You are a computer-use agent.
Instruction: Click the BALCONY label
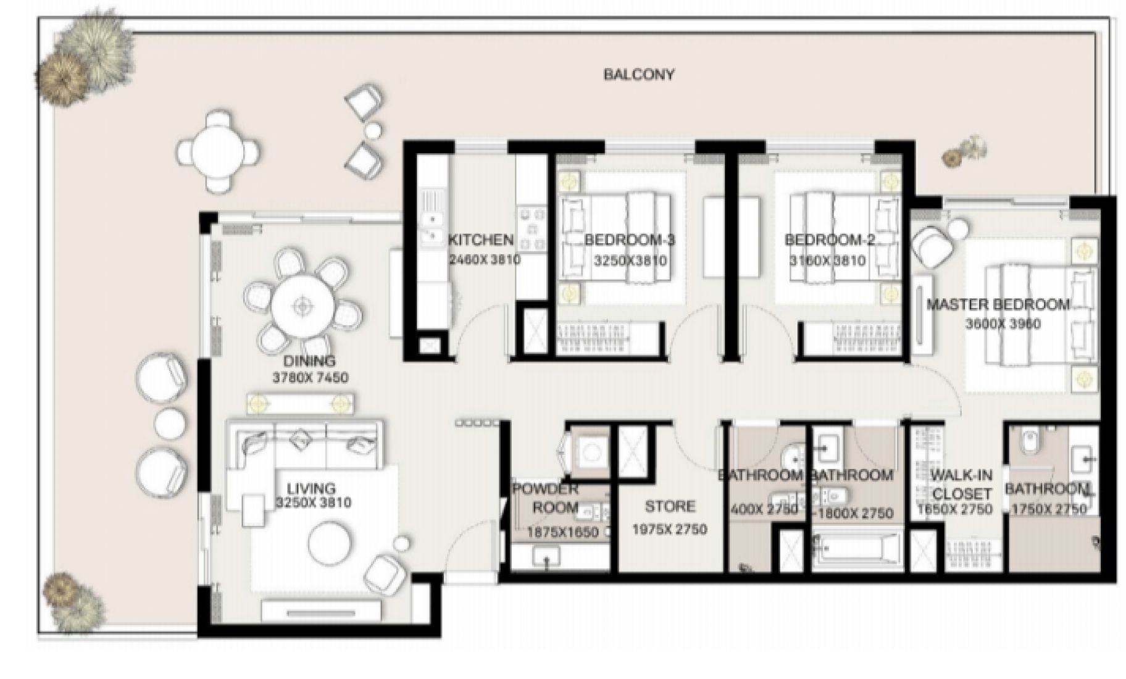pyautogui.click(x=638, y=75)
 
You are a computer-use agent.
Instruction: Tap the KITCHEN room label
pyautogui.click(x=480, y=240)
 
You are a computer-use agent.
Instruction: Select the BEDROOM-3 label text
pyautogui.click(x=629, y=240)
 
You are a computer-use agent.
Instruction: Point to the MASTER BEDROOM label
pyautogui.click(x=998, y=304)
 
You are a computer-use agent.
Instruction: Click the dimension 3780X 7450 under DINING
pyautogui.click(x=310, y=377)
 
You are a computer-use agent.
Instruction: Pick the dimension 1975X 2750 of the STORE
pyautogui.click(x=669, y=529)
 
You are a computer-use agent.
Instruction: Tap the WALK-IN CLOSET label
pyautogui.click(x=961, y=485)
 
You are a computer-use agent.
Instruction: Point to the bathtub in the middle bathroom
pyautogui.click(x=854, y=549)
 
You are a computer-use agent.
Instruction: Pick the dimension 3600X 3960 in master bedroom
pyautogui.click(x=1003, y=323)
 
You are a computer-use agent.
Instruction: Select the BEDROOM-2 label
pyautogui.click(x=829, y=240)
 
